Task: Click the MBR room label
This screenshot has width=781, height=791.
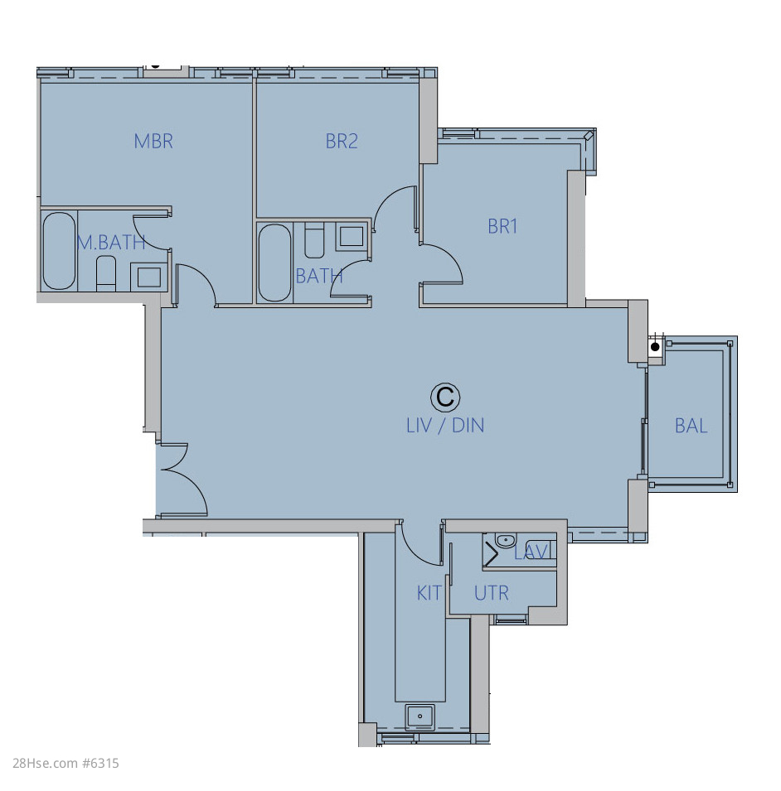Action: coord(153,142)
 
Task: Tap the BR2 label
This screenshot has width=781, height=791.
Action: coord(342,142)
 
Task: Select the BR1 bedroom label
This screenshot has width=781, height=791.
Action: coord(502,226)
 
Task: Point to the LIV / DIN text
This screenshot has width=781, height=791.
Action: coord(445,426)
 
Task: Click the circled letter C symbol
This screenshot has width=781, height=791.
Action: coord(445,397)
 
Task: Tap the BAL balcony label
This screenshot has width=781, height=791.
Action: coord(691,427)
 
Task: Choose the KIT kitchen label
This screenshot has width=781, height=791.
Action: coord(429,593)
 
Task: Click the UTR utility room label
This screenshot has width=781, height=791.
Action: coord(491,593)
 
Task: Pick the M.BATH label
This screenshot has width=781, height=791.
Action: coord(111,243)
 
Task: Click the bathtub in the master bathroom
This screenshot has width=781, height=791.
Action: coord(59,251)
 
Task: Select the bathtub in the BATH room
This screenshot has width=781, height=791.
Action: coord(274,263)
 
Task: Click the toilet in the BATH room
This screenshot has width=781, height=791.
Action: coord(314,240)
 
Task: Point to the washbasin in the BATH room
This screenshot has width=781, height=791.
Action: coord(352,236)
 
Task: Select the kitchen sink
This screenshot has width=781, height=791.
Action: coord(420,716)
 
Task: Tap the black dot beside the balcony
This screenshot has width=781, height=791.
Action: coord(655,347)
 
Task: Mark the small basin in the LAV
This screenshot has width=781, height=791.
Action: coord(505,541)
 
